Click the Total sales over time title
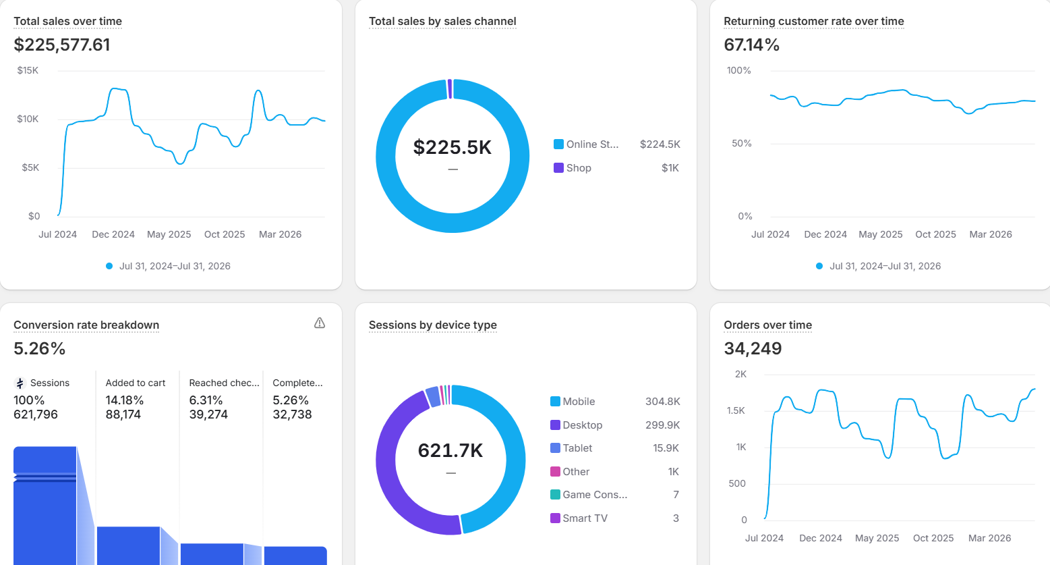(x=67, y=21)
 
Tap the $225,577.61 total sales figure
(x=62, y=45)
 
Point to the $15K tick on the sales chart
(x=28, y=70)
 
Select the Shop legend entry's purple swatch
(x=558, y=167)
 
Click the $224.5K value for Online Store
(x=660, y=144)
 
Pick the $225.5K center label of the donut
(x=453, y=147)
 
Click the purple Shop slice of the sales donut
(x=450, y=88)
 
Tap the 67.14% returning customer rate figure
(x=751, y=45)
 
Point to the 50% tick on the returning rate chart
(x=742, y=143)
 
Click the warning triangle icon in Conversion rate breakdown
(x=320, y=323)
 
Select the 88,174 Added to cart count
(x=123, y=414)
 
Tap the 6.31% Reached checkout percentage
(x=206, y=400)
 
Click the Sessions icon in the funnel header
(x=20, y=383)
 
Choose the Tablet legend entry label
(x=577, y=448)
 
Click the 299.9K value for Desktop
(x=663, y=425)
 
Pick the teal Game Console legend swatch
(x=555, y=494)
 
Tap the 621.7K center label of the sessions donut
(x=450, y=450)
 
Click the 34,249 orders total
(x=753, y=348)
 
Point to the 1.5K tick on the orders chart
(x=736, y=410)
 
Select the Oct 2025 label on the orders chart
(x=933, y=538)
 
